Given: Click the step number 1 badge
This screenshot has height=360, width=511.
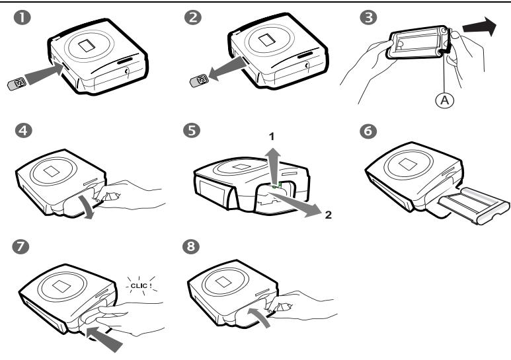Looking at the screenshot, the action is pyautogui.click(x=22, y=17).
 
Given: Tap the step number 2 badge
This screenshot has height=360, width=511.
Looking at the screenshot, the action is pyautogui.click(x=193, y=17).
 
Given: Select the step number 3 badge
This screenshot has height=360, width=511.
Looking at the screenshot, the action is pyautogui.click(x=369, y=17).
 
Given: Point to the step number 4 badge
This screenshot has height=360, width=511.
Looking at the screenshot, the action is pyautogui.click(x=23, y=131).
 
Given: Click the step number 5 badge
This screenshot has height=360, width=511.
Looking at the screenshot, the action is pyautogui.click(x=192, y=131).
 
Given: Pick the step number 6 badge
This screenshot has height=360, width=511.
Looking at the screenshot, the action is pyautogui.click(x=368, y=131).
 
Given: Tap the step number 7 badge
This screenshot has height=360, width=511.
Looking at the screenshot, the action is pyautogui.click(x=20, y=246).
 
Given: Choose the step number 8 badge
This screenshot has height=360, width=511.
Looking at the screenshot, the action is pyautogui.click(x=191, y=246).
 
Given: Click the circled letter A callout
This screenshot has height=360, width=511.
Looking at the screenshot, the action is pyautogui.click(x=444, y=100).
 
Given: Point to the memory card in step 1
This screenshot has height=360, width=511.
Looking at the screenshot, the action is pyautogui.click(x=17, y=84).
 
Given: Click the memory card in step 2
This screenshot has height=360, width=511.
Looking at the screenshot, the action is pyautogui.click(x=199, y=81).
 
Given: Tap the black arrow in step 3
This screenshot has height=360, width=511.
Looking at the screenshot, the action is pyautogui.click(x=480, y=26).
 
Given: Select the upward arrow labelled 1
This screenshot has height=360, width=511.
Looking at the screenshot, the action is pyautogui.click(x=274, y=166).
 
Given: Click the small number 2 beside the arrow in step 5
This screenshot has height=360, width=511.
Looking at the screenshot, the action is pyautogui.click(x=328, y=215).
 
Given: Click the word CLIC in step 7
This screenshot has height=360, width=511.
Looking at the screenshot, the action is pyautogui.click(x=139, y=286).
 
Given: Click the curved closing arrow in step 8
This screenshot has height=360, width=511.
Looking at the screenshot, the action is pyautogui.click(x=260, y=316).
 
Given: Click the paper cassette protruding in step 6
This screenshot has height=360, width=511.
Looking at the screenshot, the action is pyautogui.click(x=473, y=205).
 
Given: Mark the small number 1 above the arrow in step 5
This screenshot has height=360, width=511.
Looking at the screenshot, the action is pyautogui.click(x=272, y=137).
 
